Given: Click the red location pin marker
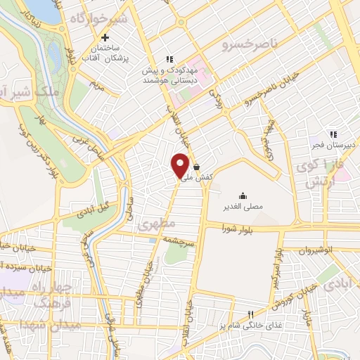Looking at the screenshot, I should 181,165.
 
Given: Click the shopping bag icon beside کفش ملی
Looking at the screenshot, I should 195,167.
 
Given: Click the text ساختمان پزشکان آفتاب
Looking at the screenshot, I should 112,52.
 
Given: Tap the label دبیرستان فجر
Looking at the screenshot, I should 335,146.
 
